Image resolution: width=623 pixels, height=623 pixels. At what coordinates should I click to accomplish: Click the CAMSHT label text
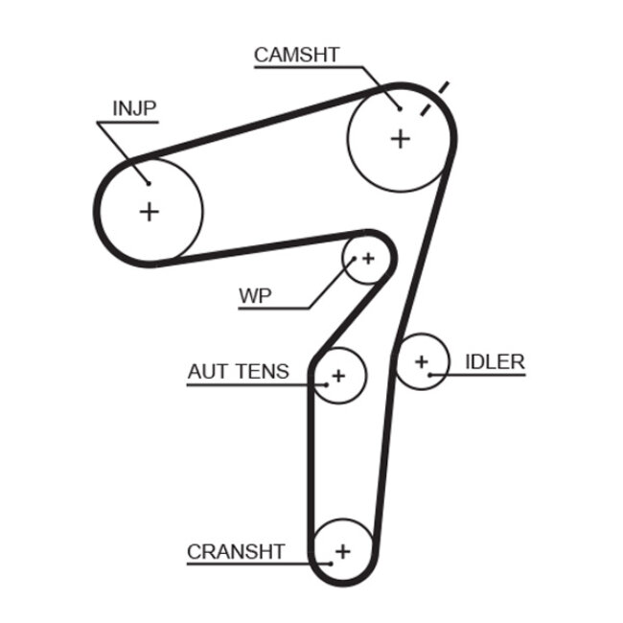tap(296, 55)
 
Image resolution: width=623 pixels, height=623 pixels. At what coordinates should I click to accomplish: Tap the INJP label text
tap(134, 108)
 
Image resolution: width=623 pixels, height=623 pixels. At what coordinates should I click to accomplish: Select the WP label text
tap(255, 296)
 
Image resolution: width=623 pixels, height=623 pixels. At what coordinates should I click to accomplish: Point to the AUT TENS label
tap(238, 371)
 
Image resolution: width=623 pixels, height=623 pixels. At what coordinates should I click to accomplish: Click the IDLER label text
tap(495, 361)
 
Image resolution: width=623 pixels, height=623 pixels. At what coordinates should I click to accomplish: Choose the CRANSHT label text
tap(236, 551)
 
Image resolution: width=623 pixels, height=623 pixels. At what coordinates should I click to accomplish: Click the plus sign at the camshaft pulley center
tap(400, 139)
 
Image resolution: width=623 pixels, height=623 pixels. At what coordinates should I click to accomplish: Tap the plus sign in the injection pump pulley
tap(149, 211)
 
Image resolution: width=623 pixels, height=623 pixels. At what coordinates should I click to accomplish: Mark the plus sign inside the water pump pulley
tap(367, 258)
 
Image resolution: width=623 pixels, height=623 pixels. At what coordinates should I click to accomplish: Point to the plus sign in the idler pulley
tap(421, 360)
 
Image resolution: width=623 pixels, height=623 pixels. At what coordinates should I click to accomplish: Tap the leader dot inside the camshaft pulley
tap(400, 107)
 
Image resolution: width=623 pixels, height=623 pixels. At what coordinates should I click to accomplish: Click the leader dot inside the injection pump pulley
tap(149, 182)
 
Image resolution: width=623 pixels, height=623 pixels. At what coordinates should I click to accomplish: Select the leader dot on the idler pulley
tap(431, 374)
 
